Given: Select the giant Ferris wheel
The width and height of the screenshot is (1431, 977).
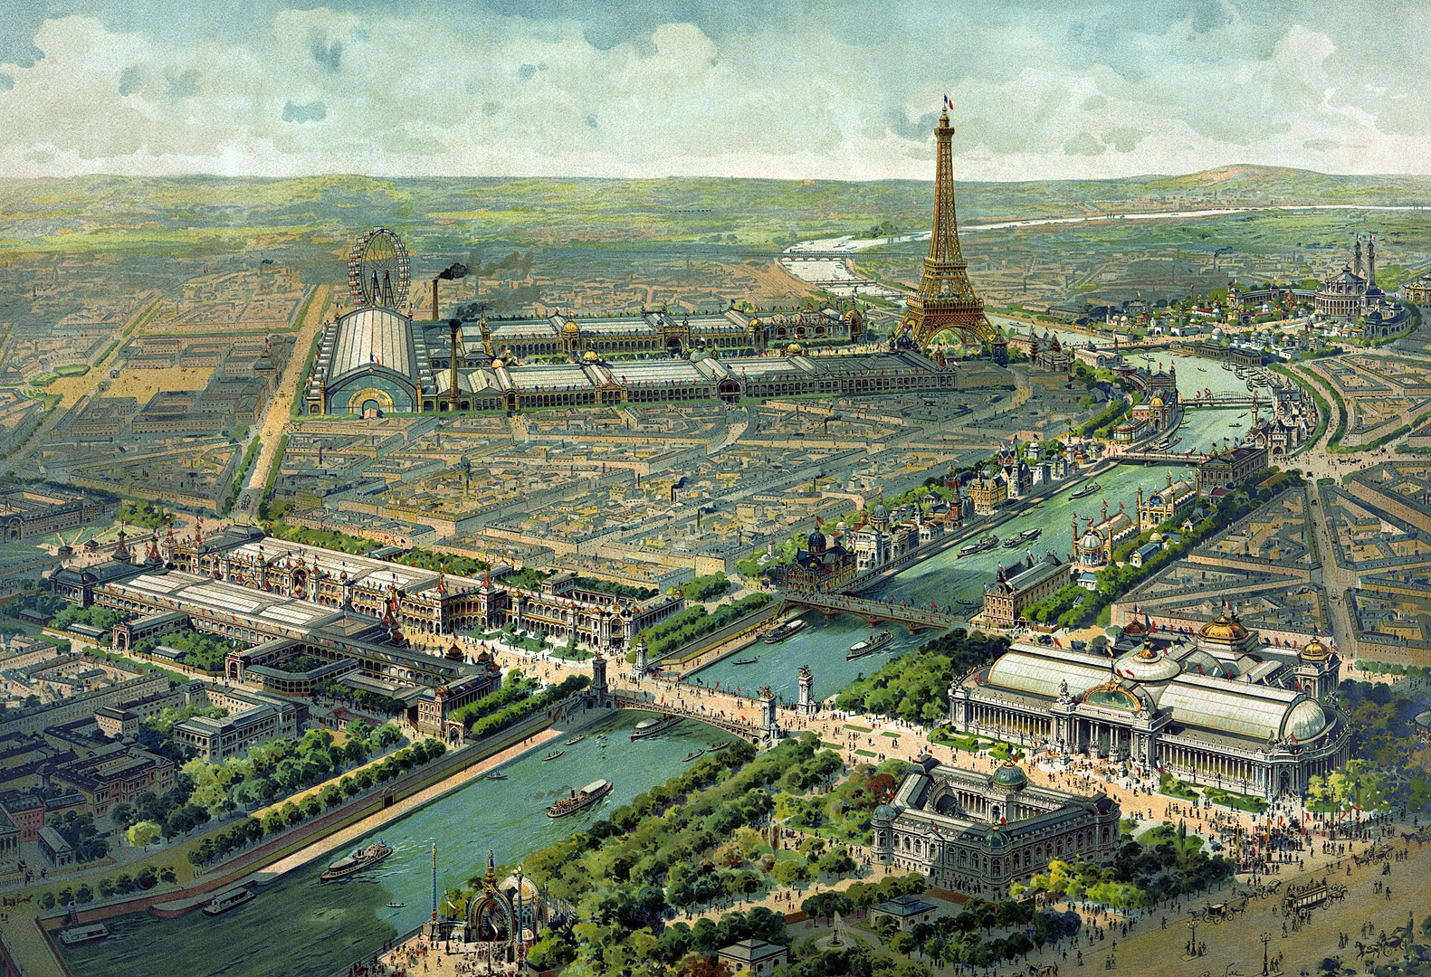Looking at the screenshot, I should (378, 266).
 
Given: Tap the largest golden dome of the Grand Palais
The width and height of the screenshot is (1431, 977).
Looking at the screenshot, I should (1226, 628).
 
